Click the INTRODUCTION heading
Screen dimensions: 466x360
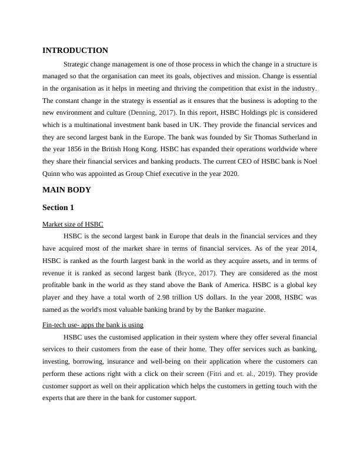point(75,51)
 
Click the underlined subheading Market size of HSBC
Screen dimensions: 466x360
point(73,224)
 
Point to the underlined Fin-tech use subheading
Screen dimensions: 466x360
point(93,325)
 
